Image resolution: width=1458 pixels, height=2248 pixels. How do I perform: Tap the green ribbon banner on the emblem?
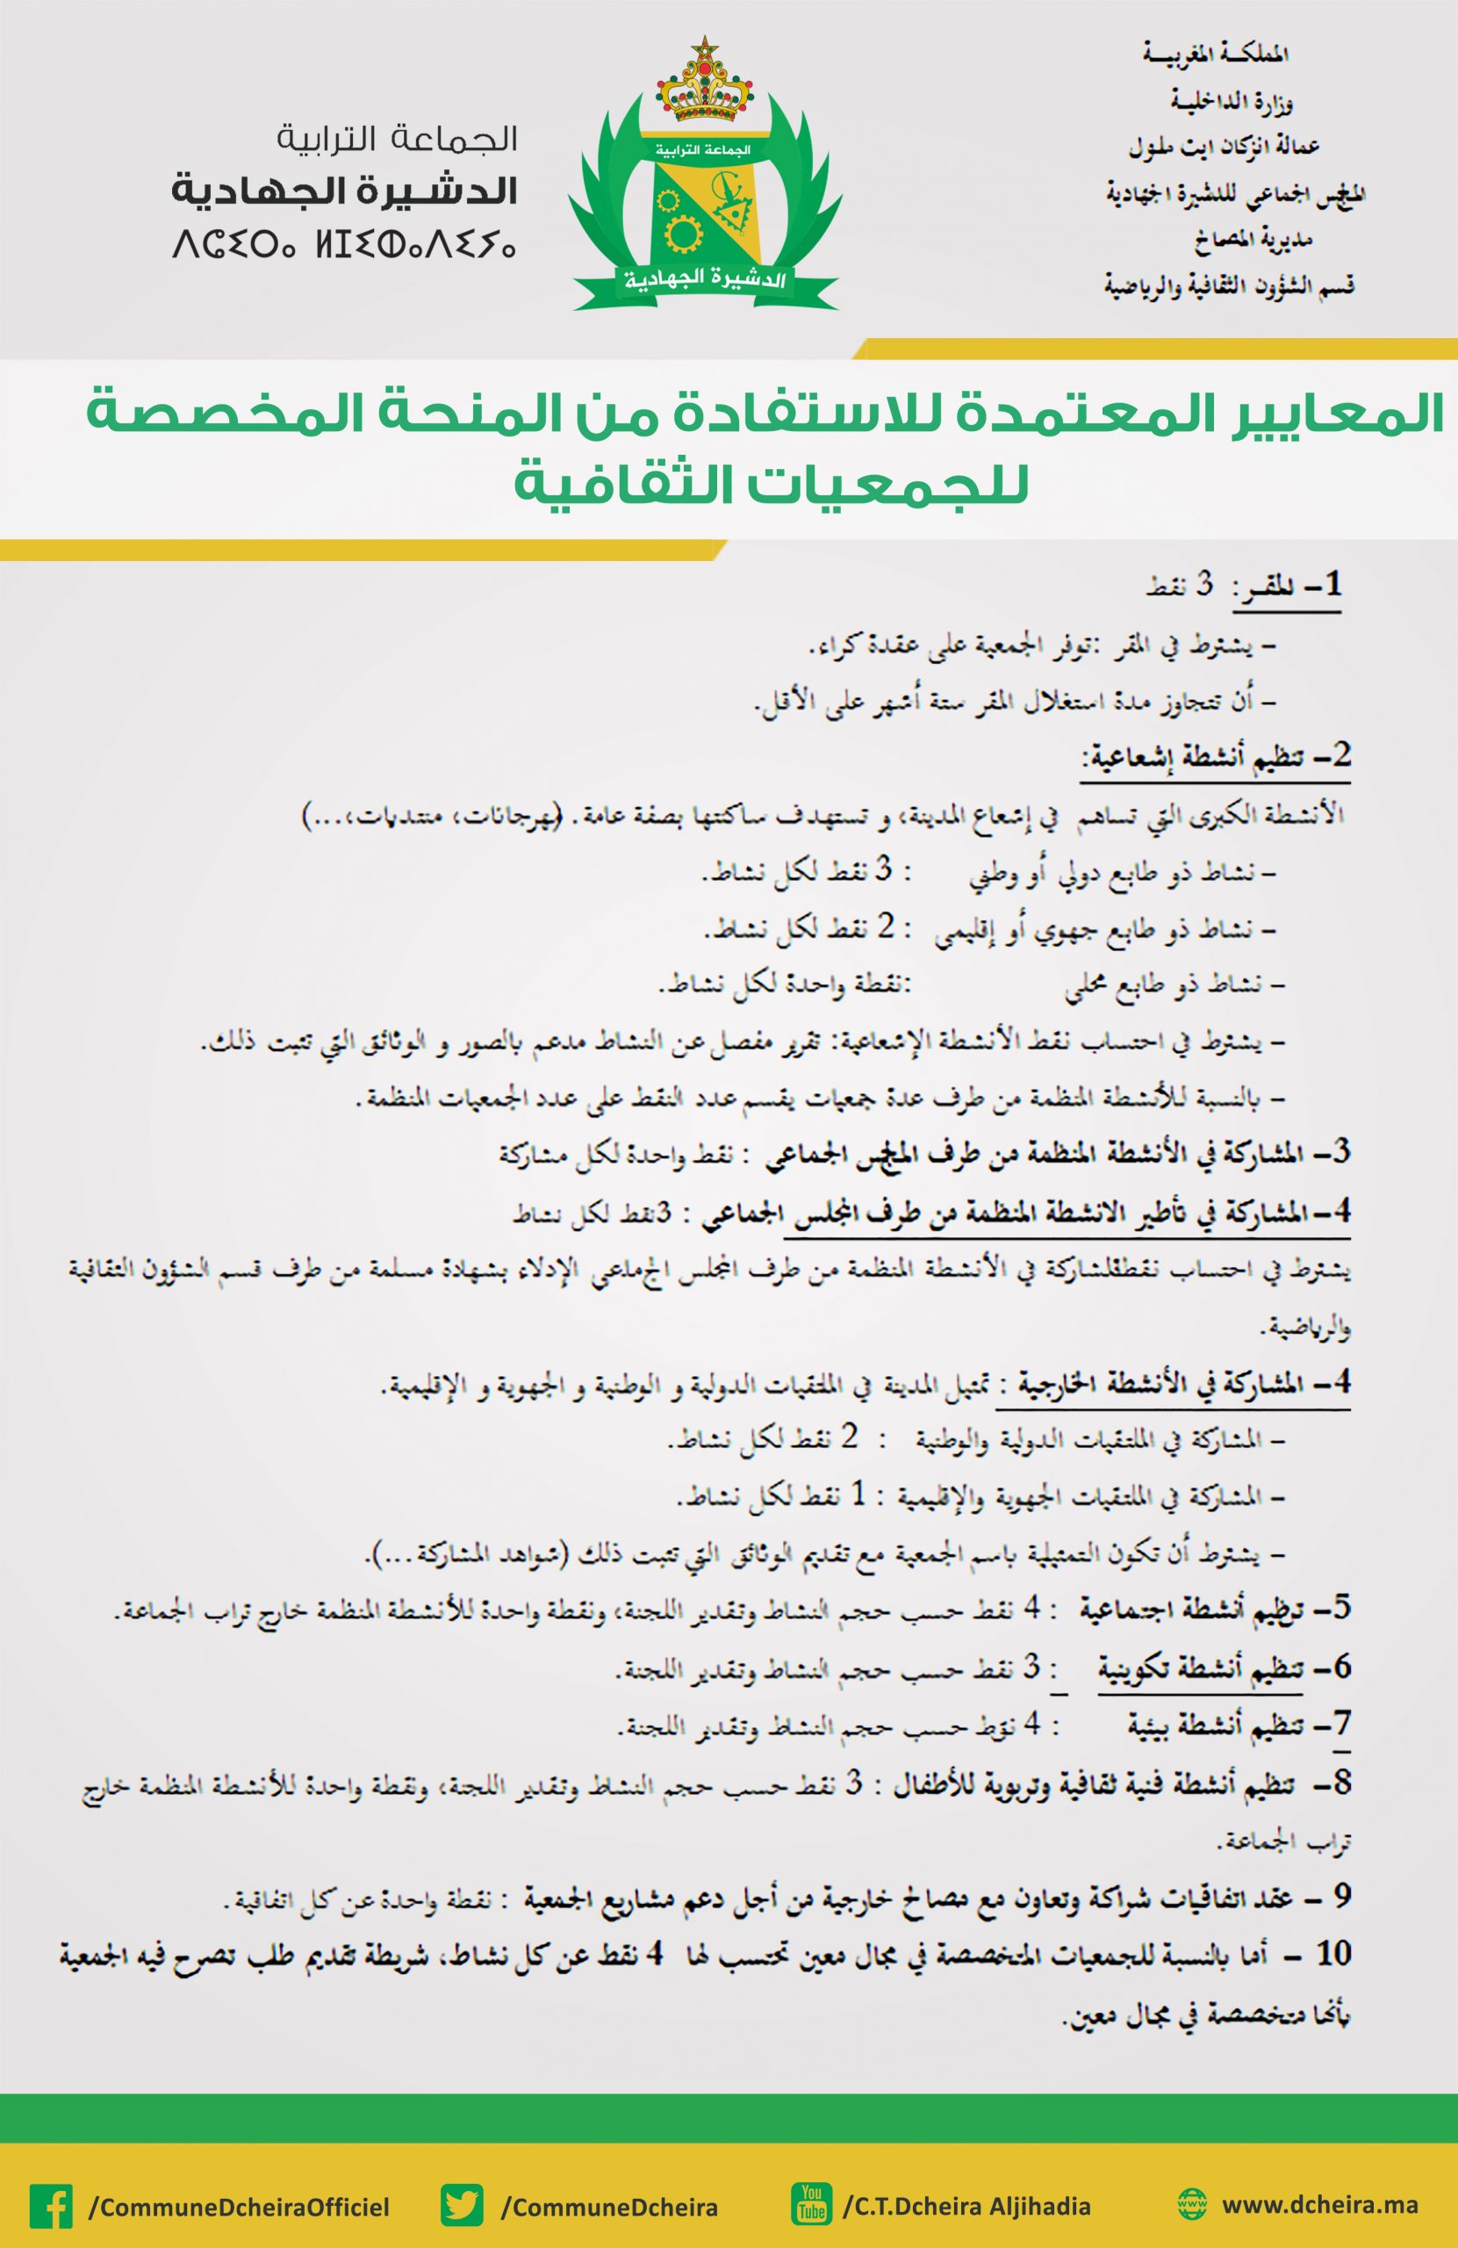(703, 279)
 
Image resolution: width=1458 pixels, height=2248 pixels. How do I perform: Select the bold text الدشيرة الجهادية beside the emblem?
(345, 192)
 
